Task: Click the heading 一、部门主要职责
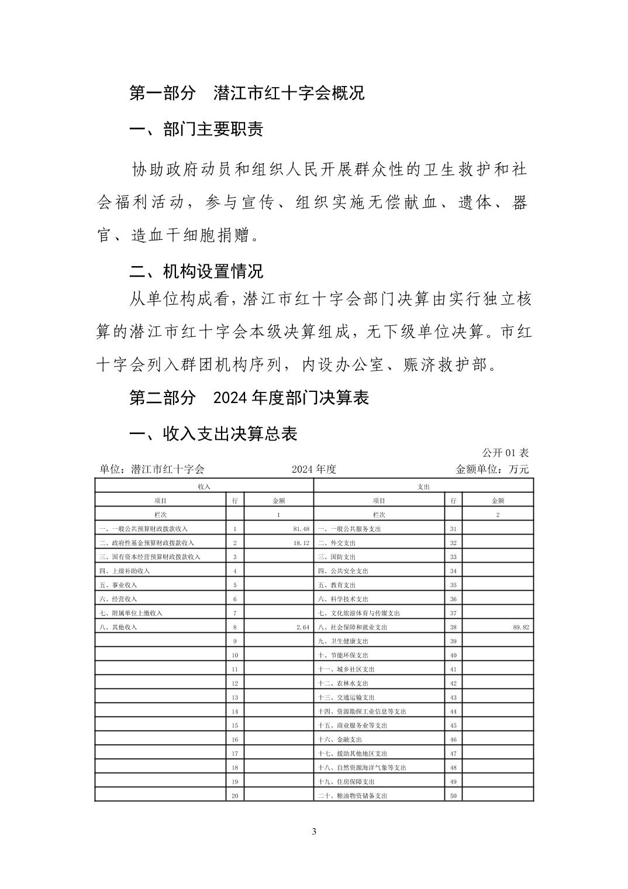click(x=196, y=129)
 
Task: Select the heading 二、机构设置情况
click(x=196, y=271)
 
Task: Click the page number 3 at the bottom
click(x=314, y=832)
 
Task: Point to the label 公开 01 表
click(x=505, y=453)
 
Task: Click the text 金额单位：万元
click(x=492, y=469)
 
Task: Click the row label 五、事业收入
click(x=118, y=585)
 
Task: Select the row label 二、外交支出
click(x=337, y=543)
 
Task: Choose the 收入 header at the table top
click(x=204, y=486)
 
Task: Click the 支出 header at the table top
click(x=424, y=486)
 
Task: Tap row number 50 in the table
click(x=453, y=795)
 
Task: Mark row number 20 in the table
click(x=234, y=795)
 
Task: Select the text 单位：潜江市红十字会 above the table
click(x=152, y=469)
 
